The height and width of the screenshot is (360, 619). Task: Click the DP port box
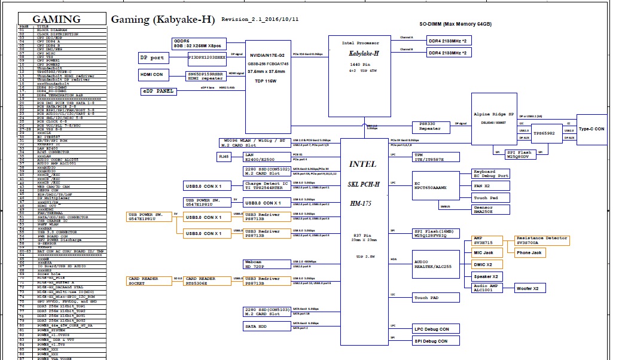[152, 58]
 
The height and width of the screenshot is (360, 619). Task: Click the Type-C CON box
[591, 129]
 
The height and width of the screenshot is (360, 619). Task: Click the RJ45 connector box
[224, 157]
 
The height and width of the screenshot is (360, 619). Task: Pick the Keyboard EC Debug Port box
[491, 174]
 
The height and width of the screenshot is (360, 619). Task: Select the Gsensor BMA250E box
[491, 209]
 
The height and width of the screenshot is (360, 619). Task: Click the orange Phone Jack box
[529, 253]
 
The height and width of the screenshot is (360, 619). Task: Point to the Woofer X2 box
[527, 288]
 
